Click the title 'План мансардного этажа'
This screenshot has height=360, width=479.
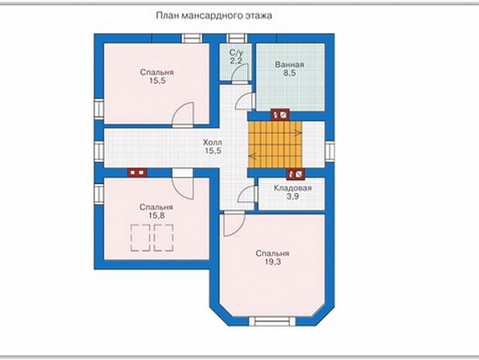214,16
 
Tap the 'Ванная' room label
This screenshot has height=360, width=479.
289,65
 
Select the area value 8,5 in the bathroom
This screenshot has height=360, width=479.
289,73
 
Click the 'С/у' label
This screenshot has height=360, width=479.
236,52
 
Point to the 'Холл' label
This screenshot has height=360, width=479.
212,142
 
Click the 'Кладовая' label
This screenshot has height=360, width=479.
292,188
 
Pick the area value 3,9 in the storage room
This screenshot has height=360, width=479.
292,197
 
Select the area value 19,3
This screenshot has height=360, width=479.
273,262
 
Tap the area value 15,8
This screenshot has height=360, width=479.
156,216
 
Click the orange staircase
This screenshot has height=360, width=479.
275,144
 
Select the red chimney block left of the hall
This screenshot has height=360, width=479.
137,172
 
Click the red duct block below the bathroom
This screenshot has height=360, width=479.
280,115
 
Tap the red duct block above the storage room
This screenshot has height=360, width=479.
295,174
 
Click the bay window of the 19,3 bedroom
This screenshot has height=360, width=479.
272,321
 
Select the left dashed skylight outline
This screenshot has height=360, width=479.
141,237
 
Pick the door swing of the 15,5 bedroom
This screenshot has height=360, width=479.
183,115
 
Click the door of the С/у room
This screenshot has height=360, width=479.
239,74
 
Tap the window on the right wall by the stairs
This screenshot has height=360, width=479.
329,151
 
